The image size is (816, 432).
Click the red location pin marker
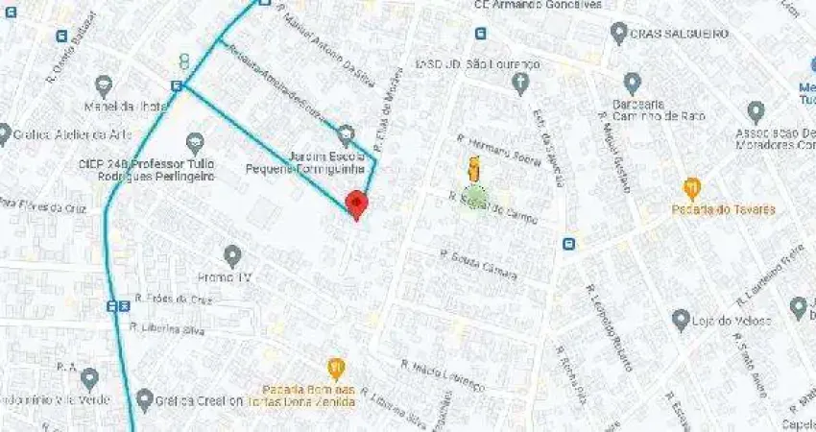tap(356, 204)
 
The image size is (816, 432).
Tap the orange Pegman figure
tap(472, 169)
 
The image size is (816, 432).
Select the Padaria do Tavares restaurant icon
tap(691, 187)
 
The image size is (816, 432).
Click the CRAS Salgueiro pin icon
tap(619, 33)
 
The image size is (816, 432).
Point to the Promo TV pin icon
tap(232, 255)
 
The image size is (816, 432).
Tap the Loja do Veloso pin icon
tap(681, 319)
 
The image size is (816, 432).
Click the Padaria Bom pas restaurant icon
tap(335, 368)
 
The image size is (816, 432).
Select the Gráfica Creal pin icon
tap(145, 398)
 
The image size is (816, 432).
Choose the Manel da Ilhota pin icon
tap(104, 85)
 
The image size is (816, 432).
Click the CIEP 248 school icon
tap(196, 143)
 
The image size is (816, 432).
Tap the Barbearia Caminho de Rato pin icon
tap(632, 83)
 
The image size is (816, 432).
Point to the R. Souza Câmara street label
tap(478, 265)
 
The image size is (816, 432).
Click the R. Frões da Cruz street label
tap(172, 299)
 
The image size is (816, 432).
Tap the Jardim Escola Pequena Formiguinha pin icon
tap(346, 134)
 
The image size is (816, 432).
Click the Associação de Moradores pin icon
tap(756, 111)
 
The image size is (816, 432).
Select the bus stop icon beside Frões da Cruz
tap(118, 306)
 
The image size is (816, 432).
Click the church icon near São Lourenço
tap(520, 84)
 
